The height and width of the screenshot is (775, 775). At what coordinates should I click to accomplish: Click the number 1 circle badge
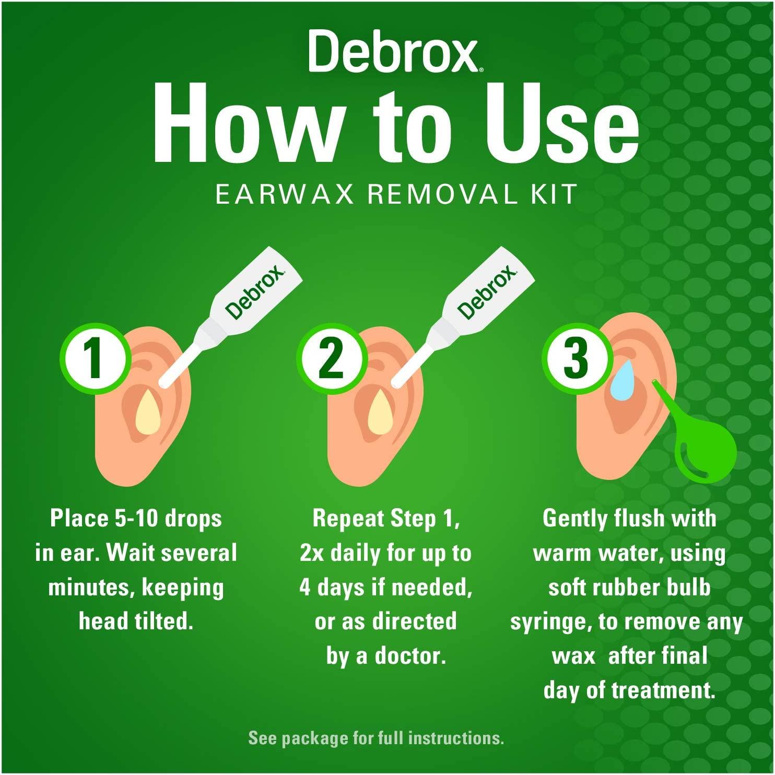click(94, 358)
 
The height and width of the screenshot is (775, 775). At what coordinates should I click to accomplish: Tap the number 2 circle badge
click(330, 358)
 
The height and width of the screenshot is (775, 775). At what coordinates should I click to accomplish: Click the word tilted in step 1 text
click(164, 621)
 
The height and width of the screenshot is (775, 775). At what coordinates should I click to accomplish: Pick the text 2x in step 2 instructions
click(312, 553)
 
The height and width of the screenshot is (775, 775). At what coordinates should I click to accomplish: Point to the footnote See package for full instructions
click(376, 738)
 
